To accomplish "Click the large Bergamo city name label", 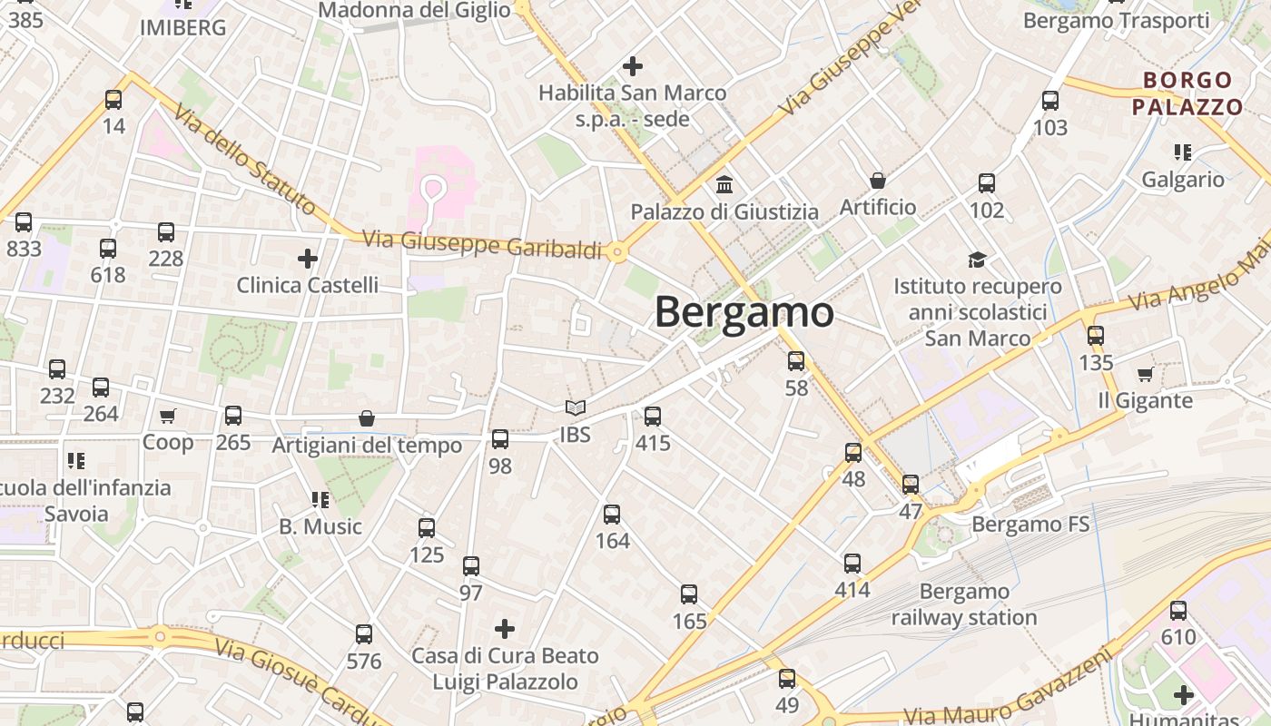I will coord(744,313).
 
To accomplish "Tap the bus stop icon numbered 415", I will coord(653,417).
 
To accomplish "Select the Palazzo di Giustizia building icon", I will coord(724,185).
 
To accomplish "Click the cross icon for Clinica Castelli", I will coord(308,259).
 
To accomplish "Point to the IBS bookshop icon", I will coord(575,408).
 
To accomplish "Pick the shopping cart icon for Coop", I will coord(167,417).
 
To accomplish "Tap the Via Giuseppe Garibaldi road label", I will coord(482,244).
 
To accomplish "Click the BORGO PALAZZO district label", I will coord(1187,93).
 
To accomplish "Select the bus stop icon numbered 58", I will coord(796,361).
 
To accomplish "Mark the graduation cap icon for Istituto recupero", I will coord(977,260).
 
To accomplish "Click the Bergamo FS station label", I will coord(1030,525).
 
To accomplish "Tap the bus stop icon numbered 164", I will coord(612,515).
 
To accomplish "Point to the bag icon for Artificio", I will coord(878,181).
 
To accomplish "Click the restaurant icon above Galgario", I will coord(1182,152).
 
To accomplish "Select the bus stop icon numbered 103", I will coord(1050,101).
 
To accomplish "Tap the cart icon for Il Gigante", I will coord(1145,374).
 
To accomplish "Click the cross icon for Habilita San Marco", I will coord(633,66).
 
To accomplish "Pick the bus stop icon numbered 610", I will coord(1178,611).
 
